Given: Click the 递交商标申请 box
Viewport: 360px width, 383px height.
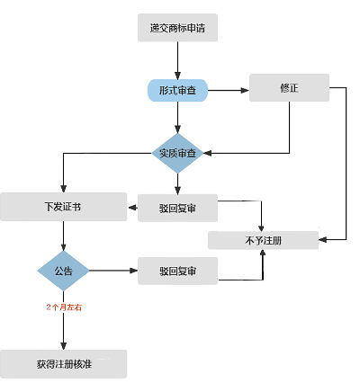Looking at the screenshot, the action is click(177, 27).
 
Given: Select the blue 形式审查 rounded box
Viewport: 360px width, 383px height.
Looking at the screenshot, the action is click(177, 90).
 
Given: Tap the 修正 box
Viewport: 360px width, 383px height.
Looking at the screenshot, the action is click(289, 87).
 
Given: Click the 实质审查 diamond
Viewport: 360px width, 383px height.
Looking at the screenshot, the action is click(177, 153).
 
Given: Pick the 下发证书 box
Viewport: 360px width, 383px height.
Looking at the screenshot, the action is click(63, 207).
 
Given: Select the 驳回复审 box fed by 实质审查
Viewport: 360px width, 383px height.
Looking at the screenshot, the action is click(177, 208).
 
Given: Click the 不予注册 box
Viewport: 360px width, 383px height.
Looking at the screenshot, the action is click(263, 240).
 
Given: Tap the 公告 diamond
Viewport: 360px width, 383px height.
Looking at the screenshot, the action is click(63, 271).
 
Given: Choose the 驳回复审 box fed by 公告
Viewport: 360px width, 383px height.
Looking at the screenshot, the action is click(177, 271).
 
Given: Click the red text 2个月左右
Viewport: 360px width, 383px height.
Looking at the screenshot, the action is click(64, 307).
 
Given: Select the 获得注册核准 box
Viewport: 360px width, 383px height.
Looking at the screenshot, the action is click(63, 364).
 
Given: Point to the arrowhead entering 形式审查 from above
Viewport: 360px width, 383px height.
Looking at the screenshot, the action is click(177, 76).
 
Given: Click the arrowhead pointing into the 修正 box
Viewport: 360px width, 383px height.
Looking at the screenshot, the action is click(246, 90).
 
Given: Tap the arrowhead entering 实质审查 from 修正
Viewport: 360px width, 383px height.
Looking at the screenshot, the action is click(208, 153).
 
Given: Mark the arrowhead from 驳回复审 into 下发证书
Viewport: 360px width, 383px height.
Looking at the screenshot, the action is click(132, 208).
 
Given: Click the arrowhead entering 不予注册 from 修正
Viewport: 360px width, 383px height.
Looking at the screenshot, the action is click(322, 239).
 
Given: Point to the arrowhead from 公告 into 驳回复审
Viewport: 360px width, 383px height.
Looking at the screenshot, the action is click(134, 271).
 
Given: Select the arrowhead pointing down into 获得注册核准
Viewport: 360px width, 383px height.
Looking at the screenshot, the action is click(63, 346).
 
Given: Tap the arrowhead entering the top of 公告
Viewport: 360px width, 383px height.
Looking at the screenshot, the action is click(63, 247).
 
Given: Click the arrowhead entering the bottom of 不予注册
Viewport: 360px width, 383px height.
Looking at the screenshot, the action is click(263, 253).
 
